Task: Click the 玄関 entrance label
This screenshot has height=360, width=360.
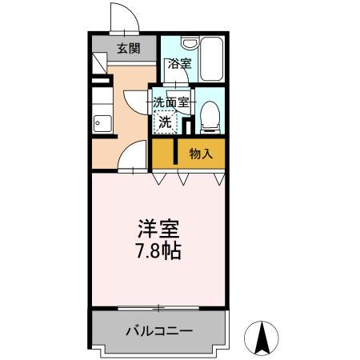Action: coord(128,49)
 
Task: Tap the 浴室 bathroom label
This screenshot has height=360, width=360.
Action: coord(179,65)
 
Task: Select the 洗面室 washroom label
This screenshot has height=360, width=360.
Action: coord(171,102)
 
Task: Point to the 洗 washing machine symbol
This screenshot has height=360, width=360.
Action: coord(164,122)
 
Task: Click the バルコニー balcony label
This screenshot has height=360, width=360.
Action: coord(158,330)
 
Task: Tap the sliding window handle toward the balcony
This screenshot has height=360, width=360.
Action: coord(159,307)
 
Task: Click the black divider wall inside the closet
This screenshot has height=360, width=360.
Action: coord(174,153)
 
